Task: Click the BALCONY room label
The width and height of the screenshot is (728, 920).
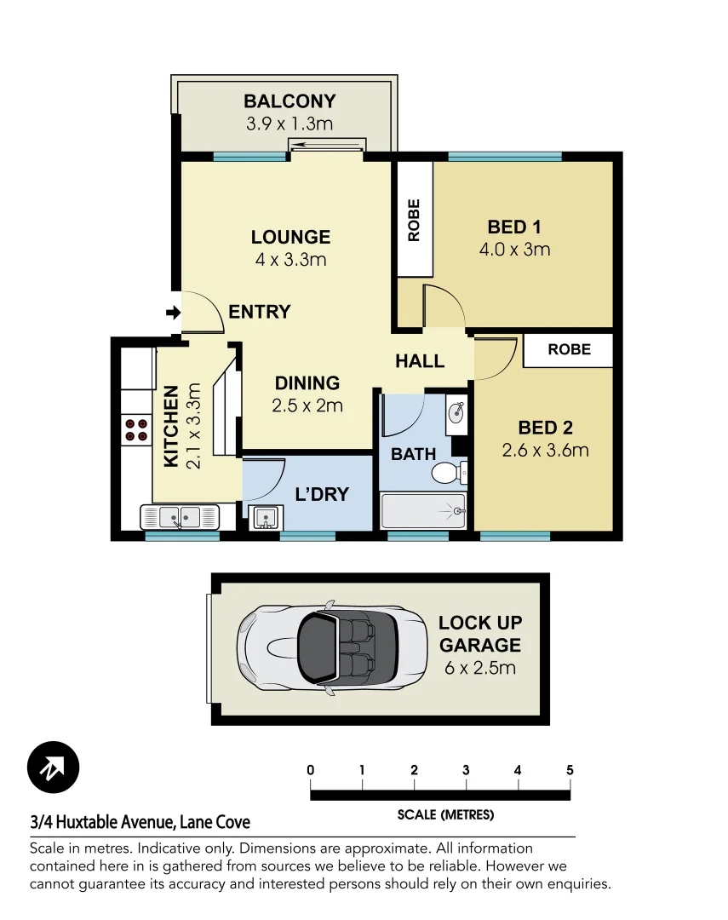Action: (x=289, y=101)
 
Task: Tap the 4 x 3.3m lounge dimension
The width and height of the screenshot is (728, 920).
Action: (x=290, y=259)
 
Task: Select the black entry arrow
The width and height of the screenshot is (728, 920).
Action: (x=173, y=313)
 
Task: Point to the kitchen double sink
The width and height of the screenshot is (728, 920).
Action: (x=180, y=516)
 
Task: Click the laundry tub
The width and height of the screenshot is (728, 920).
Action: (x=265, y=517)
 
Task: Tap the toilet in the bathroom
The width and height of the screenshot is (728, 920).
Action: (x=447, y=471)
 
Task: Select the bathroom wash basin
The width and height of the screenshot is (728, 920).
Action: (x=456, y=413)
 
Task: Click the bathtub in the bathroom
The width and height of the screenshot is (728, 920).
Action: (x=423, y=511)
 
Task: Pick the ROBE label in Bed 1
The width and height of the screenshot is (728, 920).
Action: (x=415, y=221)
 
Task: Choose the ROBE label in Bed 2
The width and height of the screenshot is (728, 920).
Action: (x=569, y=349)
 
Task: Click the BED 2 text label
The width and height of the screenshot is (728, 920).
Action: (x=545, y=428)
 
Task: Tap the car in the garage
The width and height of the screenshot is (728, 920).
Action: (x=332, y=647)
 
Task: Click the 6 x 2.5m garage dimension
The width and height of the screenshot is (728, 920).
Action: (x=479, y=667)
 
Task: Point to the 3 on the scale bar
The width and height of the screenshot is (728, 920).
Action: (x=466, y=770)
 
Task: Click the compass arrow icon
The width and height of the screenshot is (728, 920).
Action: (x=53, y=768)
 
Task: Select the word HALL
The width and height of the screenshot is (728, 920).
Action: (x=420, y=361)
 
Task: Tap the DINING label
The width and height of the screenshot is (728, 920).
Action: (x=307, y=383)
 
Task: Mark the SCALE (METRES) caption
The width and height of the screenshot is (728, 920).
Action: (x=445, y=815)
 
